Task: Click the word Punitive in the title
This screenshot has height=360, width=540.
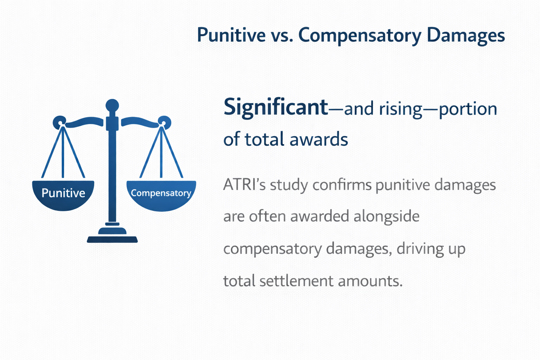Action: point(231,35)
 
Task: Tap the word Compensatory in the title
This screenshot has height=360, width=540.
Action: point(360,36)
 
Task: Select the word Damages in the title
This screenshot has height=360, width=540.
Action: point(465,36)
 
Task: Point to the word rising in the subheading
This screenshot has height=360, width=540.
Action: point(401,110)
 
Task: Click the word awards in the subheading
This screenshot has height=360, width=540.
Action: point(319,139)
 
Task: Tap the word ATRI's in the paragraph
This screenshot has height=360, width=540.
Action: point(244,185)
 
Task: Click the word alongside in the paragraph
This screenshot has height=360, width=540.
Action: point(386,217)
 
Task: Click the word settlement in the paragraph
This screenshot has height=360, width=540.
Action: point(296,281)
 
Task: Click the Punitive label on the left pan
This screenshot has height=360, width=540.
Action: point(63,193)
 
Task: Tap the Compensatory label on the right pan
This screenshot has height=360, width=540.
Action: point(161,193)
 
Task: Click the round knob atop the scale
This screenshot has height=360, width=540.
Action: point(112,105)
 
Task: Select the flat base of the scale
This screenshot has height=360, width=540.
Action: point(112,239)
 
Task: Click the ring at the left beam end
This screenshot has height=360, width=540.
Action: point(59,123)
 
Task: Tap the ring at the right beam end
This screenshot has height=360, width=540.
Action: point(165,122)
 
